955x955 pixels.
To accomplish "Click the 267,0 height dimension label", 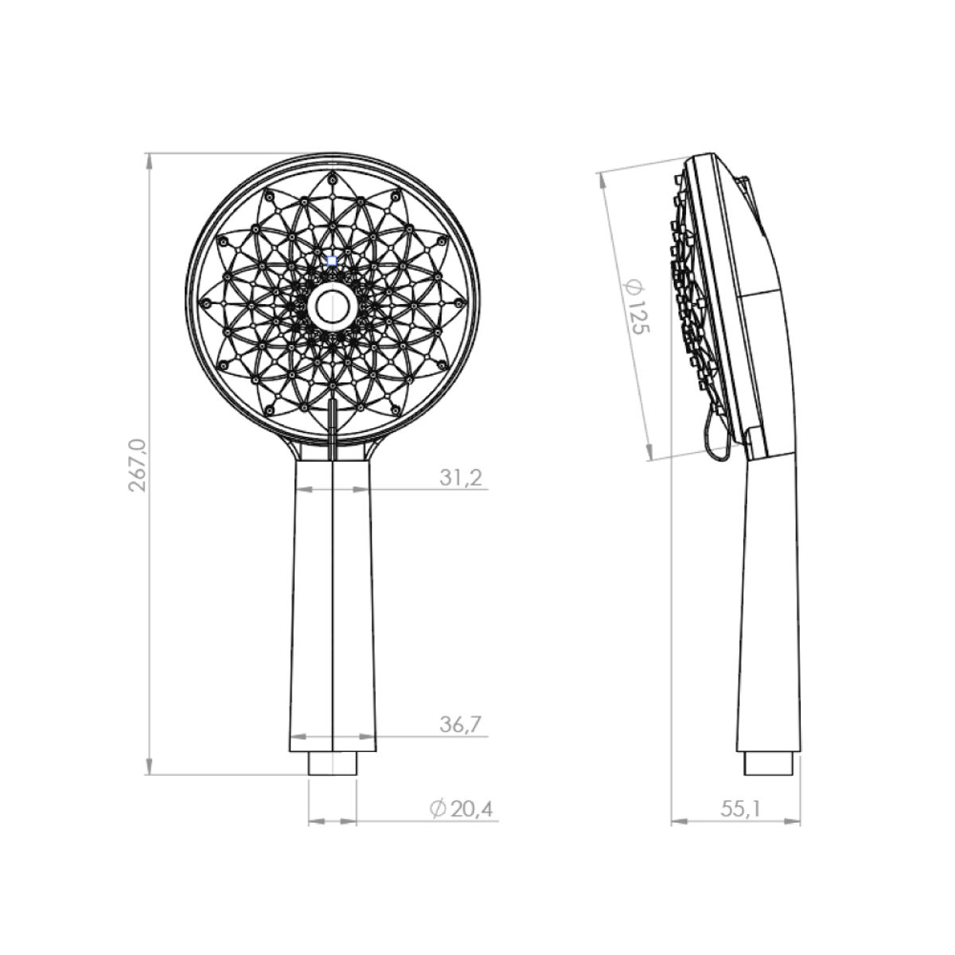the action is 137,464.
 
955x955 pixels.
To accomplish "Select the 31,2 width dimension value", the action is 461,477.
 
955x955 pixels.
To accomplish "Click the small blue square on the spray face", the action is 332,260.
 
